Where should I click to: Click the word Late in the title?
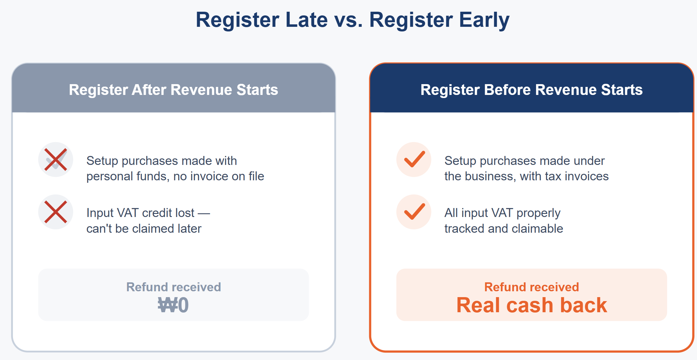307,20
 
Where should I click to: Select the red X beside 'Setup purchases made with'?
56,159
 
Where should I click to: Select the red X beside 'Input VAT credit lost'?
56,212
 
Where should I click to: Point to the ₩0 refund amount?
173,305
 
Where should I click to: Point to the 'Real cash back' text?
532,305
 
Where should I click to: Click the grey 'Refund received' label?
174,287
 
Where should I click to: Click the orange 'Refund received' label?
532,287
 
